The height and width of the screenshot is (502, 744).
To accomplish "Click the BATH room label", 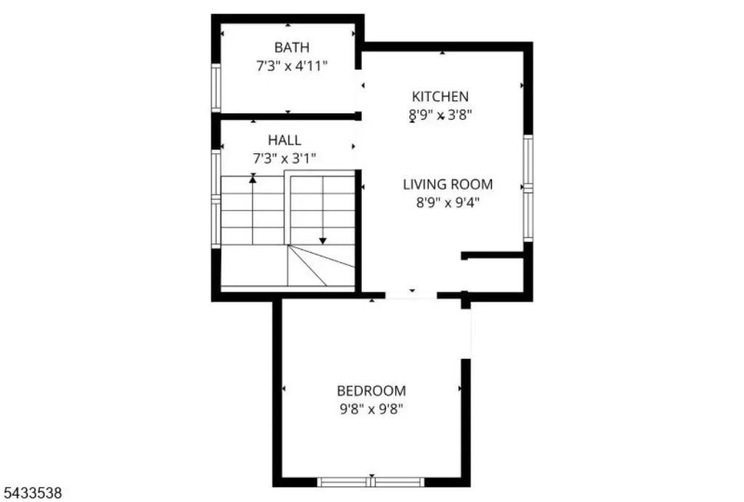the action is click(x=292, y=47).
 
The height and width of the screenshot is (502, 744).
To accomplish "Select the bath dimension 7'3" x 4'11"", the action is click(x=292, y=66).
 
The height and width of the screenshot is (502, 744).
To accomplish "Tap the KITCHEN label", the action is click(x=440, y=97).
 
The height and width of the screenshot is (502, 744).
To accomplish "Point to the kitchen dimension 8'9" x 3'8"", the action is click(x=440, y=116).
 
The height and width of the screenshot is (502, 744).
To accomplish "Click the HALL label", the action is click(x=285, y=140).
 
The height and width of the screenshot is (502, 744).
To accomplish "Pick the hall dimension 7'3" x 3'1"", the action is click(x=285, y=158).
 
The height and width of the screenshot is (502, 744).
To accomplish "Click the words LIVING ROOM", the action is click(x=448, y=185).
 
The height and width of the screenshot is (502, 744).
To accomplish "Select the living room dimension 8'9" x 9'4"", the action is click(x=448, y=203).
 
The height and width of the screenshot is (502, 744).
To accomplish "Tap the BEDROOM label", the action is click(x=371, y=391).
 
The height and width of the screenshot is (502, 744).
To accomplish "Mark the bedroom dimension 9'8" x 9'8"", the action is click(x=371, y=409).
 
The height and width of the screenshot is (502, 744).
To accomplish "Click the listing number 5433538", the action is click(x=31, y=493).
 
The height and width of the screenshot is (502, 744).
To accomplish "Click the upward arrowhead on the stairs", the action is click(x=253, y=179).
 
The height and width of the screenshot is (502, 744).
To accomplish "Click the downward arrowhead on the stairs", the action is click(x=323, y=241).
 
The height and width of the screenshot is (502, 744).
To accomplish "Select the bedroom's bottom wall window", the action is click(x=371, y=482).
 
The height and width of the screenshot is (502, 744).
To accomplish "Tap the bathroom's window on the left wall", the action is click(x=216, y=88).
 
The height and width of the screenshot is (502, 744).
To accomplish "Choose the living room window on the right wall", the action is click(x=528, y=188).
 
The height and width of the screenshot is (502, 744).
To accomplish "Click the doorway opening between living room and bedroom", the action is click(x=411, y=295).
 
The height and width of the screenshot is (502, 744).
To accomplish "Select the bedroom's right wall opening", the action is click(x=466, y=333).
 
